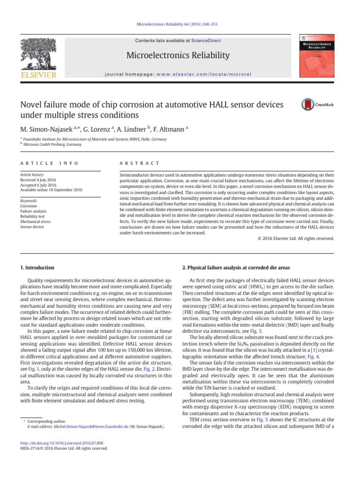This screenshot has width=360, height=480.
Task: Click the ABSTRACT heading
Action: pos(140,163)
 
